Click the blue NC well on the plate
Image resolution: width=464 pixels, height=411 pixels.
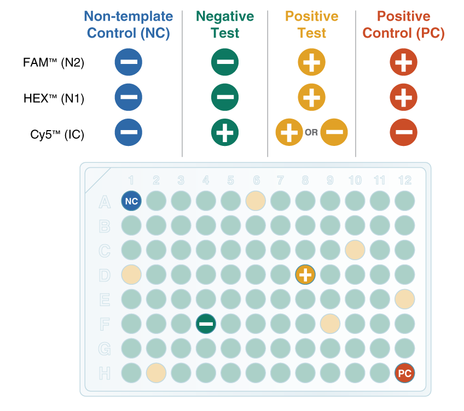(131, 201)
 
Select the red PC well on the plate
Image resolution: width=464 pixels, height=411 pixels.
(404, 373)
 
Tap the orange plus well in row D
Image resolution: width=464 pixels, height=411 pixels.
(305, 275)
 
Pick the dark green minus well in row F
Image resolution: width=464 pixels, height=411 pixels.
(206, 324)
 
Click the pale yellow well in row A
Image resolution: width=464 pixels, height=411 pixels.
(256, 201)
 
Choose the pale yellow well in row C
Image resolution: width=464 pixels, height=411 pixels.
(355, 250)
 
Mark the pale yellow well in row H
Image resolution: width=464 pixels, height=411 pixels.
(156, 373)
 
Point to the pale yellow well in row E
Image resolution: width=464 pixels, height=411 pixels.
(404, 299)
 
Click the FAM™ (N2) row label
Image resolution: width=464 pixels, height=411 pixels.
(54, 62)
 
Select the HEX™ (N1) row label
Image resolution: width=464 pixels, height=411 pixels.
(54, 98)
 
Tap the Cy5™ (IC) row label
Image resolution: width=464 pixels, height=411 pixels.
(57, 134)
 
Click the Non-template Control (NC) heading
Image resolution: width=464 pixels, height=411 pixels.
(129, 25)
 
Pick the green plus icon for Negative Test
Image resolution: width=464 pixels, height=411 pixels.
(225, 132)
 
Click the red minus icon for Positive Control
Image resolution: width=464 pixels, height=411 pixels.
(404, 132)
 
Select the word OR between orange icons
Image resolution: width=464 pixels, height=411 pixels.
(311, 132)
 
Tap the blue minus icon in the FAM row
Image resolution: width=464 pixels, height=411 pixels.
(129, 62)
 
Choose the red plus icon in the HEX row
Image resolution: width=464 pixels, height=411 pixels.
(404, 97)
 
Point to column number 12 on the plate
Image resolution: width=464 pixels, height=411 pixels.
(405, 180)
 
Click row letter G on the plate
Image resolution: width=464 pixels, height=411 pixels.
(105, 349)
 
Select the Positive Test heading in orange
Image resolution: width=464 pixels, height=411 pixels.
(311, 25)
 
